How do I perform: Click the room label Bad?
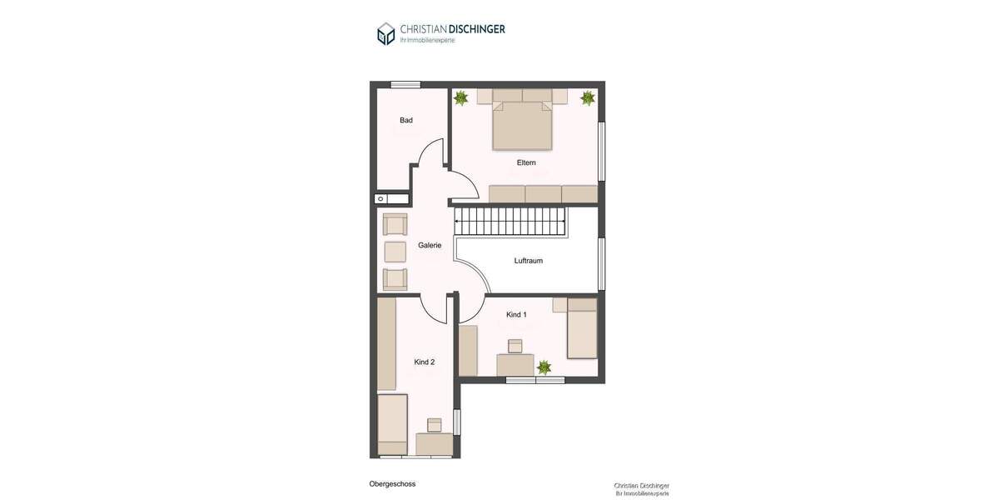(406, 120)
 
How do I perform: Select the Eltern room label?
(526, 162)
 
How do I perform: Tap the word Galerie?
(430, 245)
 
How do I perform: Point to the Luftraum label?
(529, 261)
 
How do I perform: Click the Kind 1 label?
(516, 314)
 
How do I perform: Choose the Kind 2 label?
(425, 362)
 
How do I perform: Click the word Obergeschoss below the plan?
(392, 483)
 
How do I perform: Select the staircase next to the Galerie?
(509, 222)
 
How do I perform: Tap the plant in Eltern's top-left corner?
(460, 98)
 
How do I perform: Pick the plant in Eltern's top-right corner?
(588, 97)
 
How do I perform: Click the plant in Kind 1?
(544, 367)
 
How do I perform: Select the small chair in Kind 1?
(515, 345)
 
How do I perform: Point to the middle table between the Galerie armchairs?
(395, 252)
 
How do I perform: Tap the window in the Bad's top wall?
(405, 84)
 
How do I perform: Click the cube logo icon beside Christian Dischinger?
(385, 33)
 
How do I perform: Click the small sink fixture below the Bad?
(380, 198)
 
